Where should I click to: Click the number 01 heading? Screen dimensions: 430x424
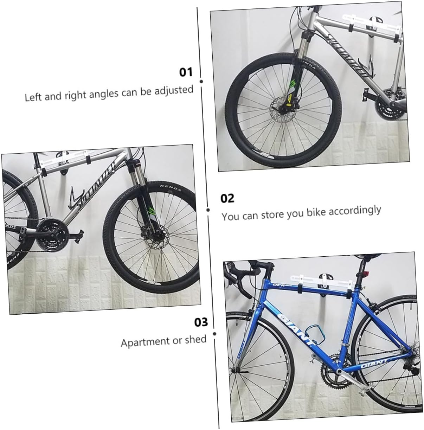tap(186, 72)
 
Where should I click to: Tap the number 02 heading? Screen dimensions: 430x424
tap(227, 198)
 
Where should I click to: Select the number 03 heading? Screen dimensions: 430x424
tap(201, 322)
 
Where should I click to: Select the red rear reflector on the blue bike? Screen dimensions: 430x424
tap(362, 275)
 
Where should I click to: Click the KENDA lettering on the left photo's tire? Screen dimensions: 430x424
tap(171, 188)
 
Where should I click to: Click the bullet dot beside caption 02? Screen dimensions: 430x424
tap(208, 210)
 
